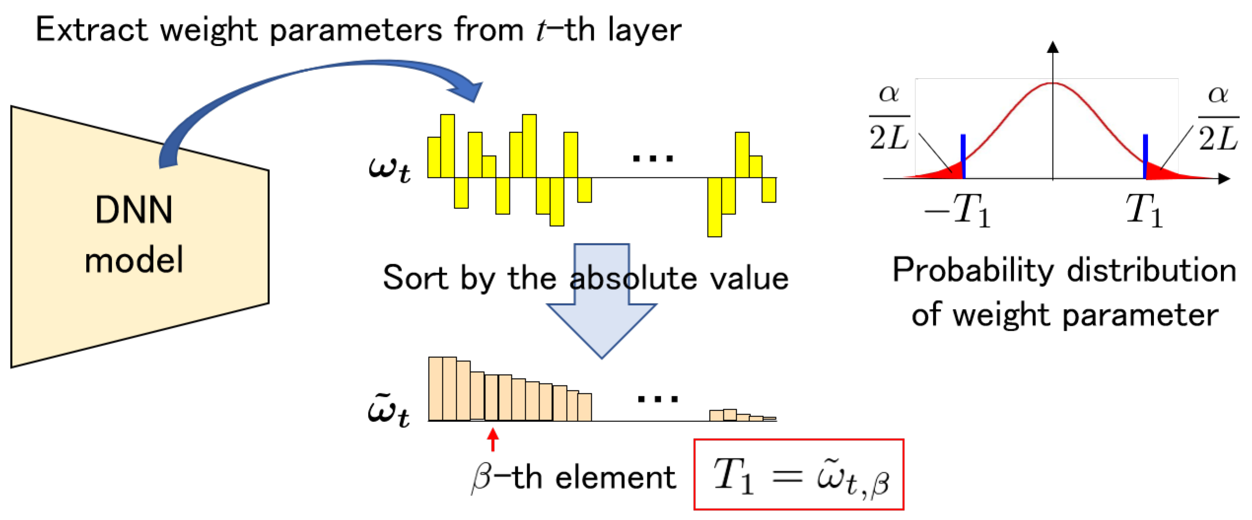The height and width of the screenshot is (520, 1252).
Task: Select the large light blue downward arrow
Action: pos(601,325)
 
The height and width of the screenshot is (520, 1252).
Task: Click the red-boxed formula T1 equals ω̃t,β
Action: pos(799,475)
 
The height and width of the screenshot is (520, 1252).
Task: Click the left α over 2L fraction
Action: pos(889,118)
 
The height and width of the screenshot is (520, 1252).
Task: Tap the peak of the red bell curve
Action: pos(1053,84)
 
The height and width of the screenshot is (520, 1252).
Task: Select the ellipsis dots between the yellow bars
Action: pos(653,158)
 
